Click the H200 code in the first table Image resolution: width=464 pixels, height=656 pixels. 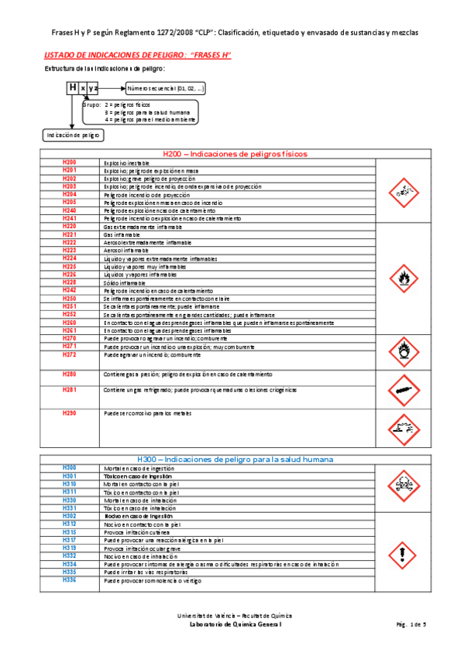70,162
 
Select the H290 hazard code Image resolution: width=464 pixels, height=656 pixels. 70,413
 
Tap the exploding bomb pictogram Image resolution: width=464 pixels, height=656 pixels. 400,190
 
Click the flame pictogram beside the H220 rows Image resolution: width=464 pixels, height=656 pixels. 400,276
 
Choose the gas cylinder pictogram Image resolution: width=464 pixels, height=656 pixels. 400,389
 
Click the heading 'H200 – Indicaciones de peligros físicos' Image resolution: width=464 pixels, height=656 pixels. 232,153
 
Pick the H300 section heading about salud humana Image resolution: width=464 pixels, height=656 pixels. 232,459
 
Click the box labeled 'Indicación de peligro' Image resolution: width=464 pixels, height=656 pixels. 74,135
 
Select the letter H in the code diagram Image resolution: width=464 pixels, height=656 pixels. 73,88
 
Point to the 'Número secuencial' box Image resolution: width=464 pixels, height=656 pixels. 167,88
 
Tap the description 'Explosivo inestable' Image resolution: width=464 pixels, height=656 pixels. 128,163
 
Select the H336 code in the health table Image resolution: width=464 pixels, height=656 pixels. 70,579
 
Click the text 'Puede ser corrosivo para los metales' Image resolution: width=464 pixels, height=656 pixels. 146,413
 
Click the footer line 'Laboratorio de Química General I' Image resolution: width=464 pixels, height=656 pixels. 232,623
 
